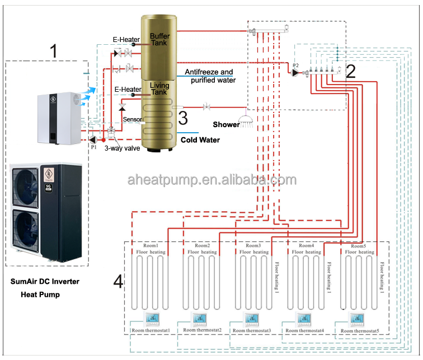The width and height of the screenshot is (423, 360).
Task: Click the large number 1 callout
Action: [53, 51]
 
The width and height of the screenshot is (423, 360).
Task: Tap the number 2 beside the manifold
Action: [351, 71]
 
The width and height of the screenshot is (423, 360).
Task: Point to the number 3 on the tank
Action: [182, 118]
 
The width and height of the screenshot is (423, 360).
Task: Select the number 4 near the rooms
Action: [118, 282]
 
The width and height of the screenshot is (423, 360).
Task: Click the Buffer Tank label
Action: [159, 40]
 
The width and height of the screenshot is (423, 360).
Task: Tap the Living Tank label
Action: [159, 89]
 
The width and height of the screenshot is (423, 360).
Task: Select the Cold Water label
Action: [200, 140]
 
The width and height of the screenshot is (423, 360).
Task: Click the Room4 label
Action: [306, 246]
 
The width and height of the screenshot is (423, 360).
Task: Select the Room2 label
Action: [202, 246]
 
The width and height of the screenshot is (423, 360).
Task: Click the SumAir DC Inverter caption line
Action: [44, 282]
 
